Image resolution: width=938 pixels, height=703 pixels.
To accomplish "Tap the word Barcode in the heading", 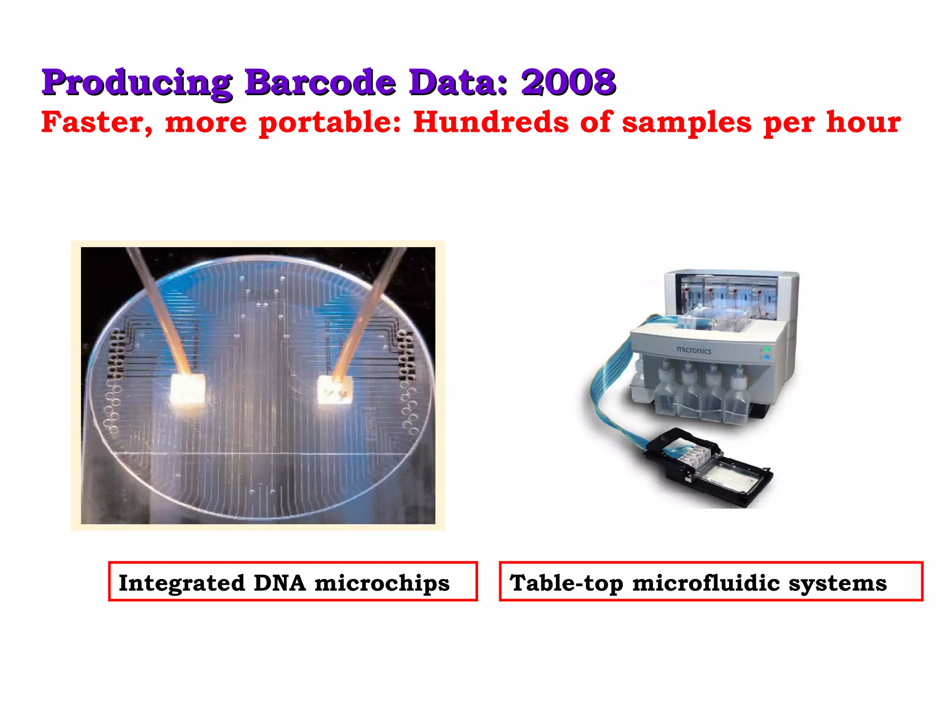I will pos(320,82).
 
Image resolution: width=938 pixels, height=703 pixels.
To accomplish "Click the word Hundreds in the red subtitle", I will pos(491,122).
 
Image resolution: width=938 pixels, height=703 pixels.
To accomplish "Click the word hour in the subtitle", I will pos(863,122).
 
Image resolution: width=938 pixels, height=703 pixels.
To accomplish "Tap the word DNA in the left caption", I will pos(279,583).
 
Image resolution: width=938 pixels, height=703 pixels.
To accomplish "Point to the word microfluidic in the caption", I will pos(706,583).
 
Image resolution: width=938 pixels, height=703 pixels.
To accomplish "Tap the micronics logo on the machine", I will pos(694,350).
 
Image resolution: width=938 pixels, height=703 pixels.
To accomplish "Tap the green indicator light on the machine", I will pos(767,350).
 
